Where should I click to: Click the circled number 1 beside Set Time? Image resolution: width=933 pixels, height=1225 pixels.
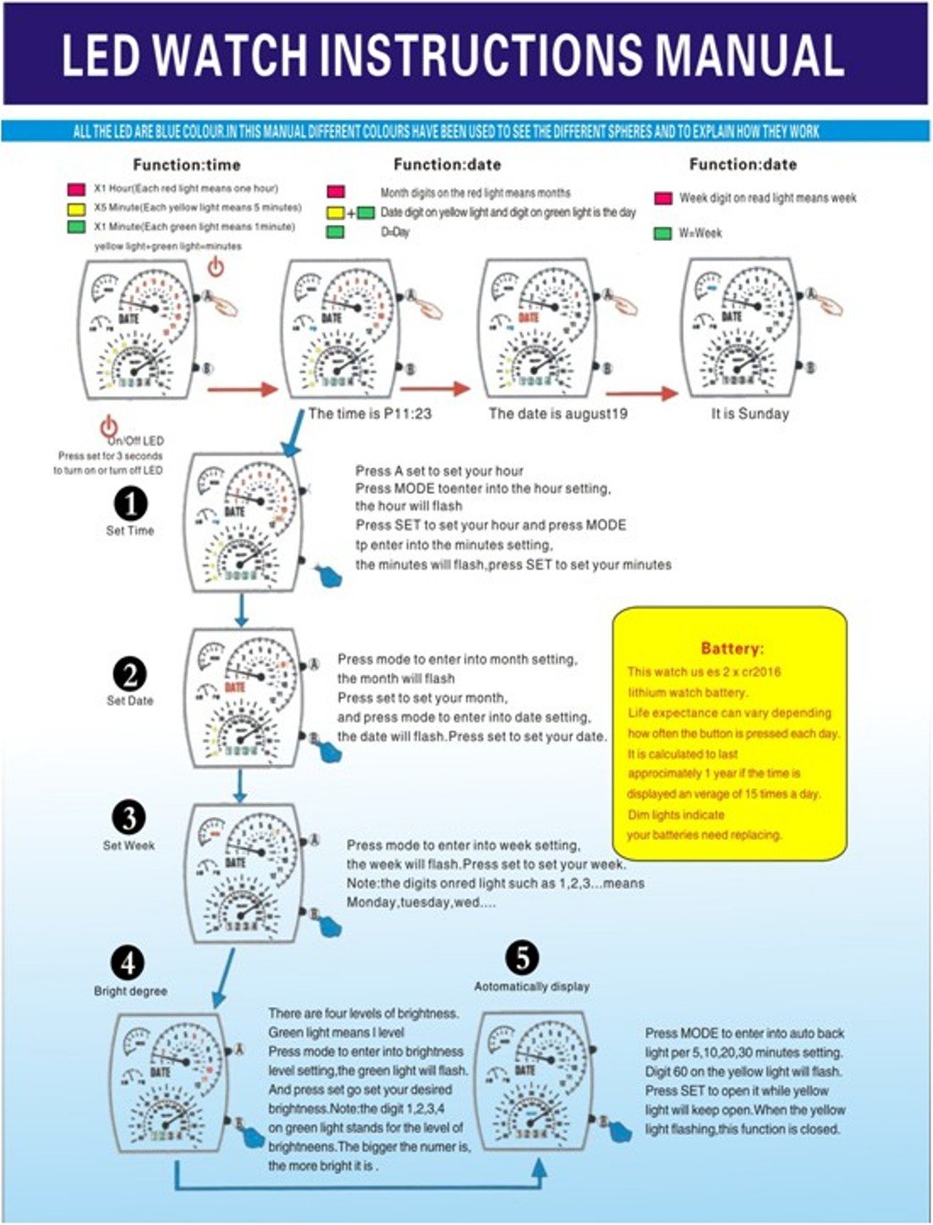(131, 504)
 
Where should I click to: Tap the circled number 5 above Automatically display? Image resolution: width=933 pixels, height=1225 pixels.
(522, 959)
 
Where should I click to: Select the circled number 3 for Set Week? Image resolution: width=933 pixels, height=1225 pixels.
(129, 818)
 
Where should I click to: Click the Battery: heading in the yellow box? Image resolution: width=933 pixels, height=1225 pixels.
(732, 648)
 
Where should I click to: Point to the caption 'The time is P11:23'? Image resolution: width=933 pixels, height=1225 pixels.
(370, 413)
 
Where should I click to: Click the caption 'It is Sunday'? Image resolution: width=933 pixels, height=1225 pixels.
(750, 413)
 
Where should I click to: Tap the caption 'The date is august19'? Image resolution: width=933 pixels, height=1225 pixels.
(558, 413)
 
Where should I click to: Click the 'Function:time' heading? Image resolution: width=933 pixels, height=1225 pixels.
(187, 164)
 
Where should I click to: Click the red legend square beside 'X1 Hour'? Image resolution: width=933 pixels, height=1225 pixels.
(76, 189)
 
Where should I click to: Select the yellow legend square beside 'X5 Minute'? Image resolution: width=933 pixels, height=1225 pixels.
(76, 208)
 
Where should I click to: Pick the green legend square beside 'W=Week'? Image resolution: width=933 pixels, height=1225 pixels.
(662, 233)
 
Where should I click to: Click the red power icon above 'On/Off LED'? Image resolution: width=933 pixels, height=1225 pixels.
(109, 426)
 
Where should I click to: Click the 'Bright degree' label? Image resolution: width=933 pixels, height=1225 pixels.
(130, 991)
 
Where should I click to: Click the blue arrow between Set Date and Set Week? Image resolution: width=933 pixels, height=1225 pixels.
(240, 786)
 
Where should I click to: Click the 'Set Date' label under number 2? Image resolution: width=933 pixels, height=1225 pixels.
(130, 701)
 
